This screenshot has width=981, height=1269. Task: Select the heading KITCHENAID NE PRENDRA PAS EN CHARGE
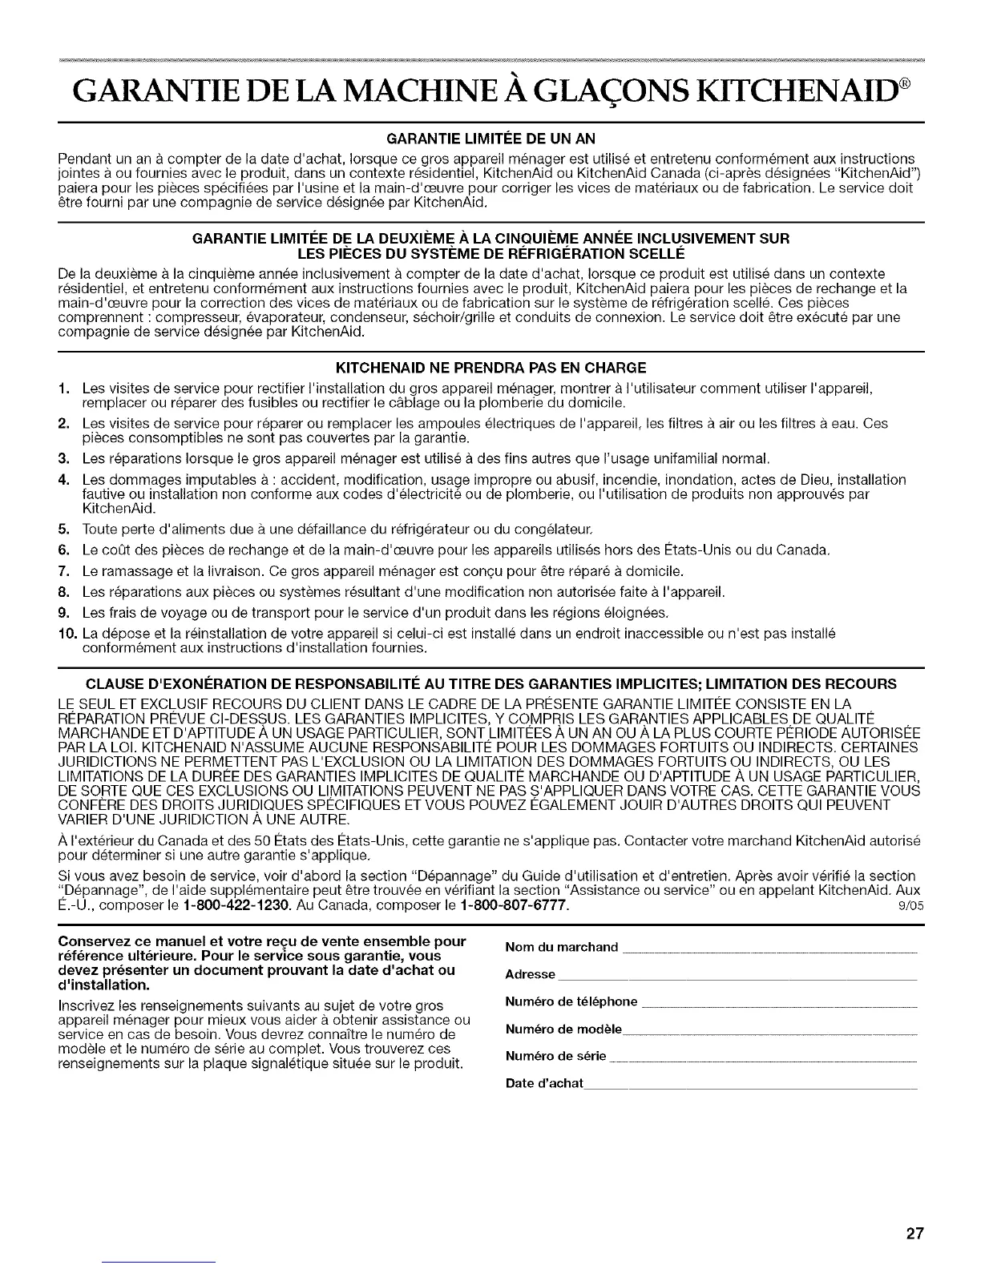[x=490, y=369]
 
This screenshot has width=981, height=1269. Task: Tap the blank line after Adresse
[x=737, y=978]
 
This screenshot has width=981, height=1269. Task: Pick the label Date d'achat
[x=544, y=1083]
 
